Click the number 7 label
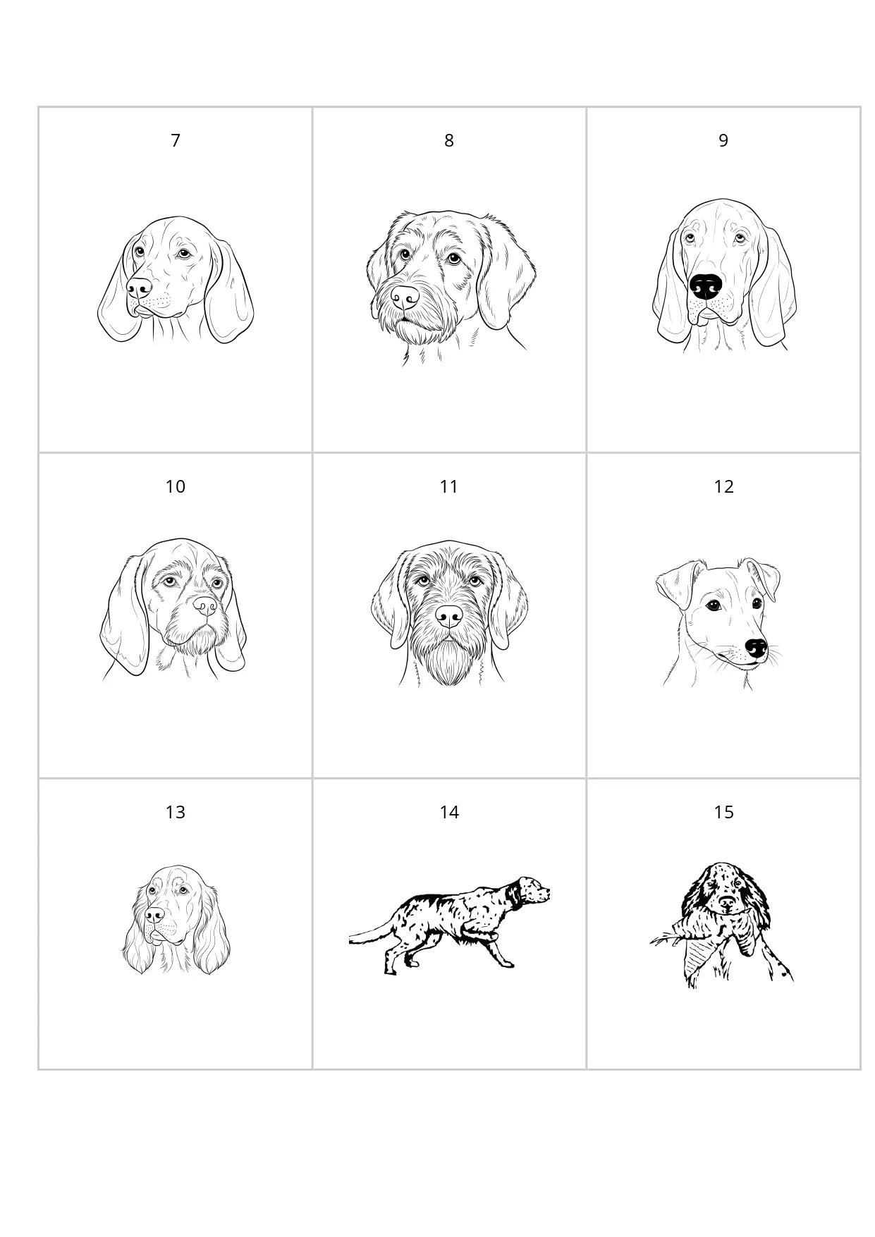[176, 141]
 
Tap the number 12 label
[723, 487]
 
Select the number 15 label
[723, 813]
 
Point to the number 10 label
[176, 487]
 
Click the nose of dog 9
[706, 286]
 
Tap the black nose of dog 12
[756, 648]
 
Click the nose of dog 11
[448, 616]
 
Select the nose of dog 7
[139, 287]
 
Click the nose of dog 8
[405, 297]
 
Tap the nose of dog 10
[205, 606]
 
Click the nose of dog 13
[154, 914]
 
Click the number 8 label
[449, 141]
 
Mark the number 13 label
[176, 813]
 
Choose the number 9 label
[723, 141]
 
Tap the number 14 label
[449, 813]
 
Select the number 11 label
[449, 487]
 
